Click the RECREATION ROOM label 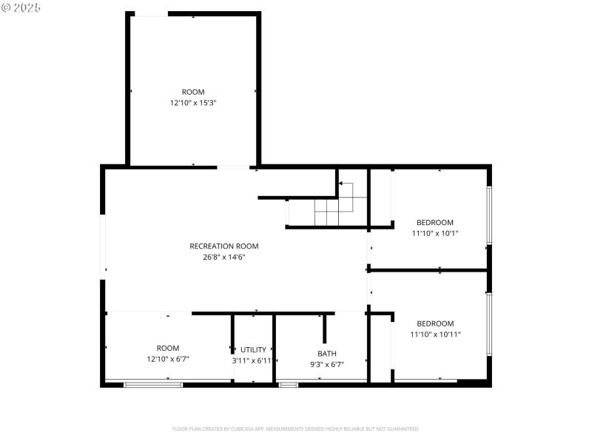pos(224,246)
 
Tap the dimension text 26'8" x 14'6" pos(224,258)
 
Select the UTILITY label pos(253,350)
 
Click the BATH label pos(327,354)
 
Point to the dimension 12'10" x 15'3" pos(193,103)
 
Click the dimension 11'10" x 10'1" pos(435,233)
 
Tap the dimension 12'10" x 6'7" pos(168,359)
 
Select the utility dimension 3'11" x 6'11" pos(253,360)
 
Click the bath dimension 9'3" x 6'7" pos(327,364)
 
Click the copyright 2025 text pos(21,7)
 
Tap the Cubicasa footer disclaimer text pos(296,428)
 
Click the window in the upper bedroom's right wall pos(488,215)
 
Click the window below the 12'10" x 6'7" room pos(152,384)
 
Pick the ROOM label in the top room pos(193,92)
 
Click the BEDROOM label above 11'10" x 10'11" pos(435,323)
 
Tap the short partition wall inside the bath pos(324,328)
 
